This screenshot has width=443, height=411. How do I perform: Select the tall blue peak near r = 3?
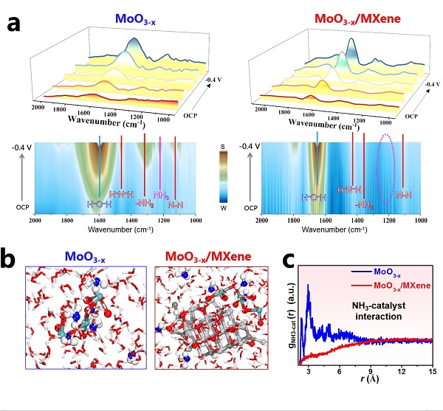coord(309,286)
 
